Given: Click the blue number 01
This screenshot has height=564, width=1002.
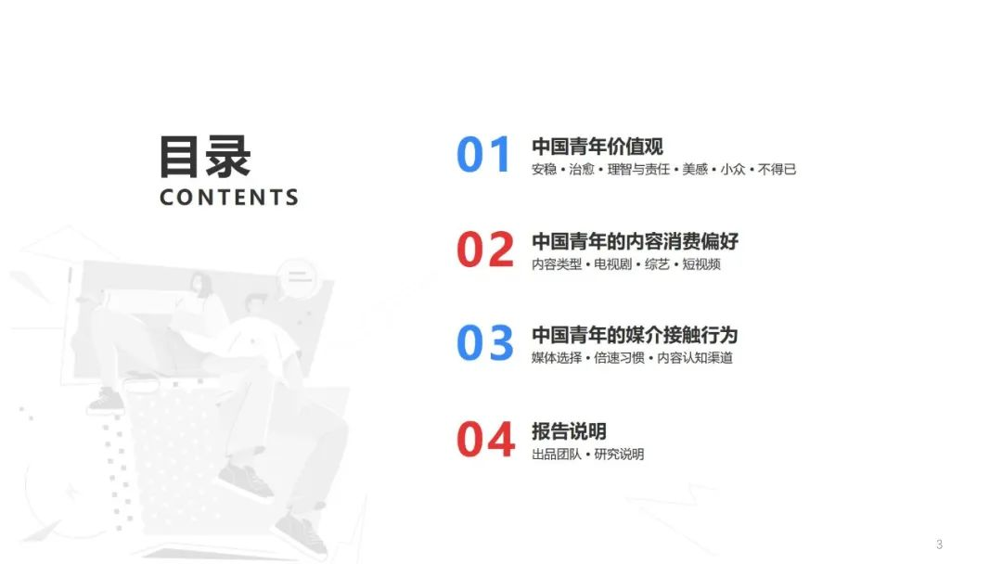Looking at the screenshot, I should [x=484, y=156].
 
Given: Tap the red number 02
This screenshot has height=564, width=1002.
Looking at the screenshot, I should [x=484, y=250].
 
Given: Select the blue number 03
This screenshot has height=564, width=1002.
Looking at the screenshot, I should [x=484, y=344].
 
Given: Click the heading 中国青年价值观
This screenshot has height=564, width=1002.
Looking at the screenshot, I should [x=597, y=147].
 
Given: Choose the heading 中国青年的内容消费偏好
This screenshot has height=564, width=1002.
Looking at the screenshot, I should [x=635, y=241].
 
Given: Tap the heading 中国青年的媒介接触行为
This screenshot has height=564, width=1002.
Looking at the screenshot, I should [x=635, y=335].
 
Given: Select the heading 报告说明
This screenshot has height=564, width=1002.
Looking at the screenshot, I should [x=569, y=431].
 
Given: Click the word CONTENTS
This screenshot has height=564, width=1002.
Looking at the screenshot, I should [x=229, y=198].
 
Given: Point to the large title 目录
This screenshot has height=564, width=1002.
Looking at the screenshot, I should [x=205, y=156].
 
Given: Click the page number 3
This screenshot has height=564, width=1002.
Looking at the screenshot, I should [x=939, y=545].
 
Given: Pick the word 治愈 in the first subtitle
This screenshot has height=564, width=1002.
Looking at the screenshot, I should [x=582, y=170].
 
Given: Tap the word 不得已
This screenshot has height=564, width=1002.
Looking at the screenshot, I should [x=777, y=170].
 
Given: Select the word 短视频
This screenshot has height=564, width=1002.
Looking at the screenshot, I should [x=701, y=264].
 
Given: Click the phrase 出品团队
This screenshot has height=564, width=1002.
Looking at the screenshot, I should [x=556, y=455].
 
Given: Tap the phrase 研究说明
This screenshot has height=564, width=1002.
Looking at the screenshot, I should [x=619, y=455].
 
